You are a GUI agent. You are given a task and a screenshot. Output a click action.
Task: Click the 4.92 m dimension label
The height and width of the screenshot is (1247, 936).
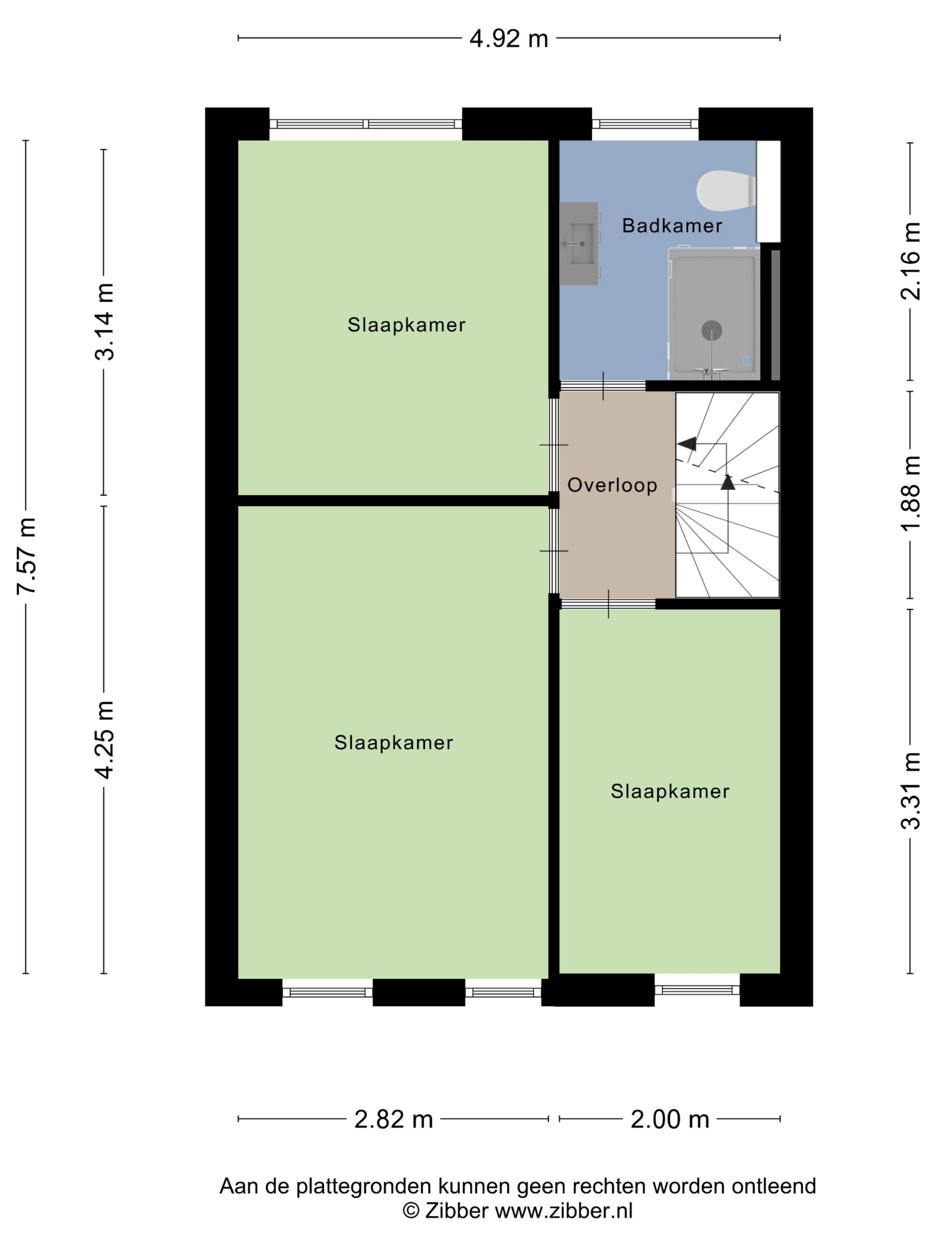(x=509, y=39)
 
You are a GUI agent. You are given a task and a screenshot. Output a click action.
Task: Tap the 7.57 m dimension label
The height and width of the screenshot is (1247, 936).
(x=26, y=556)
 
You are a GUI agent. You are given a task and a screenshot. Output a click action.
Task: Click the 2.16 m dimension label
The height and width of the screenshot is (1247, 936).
(x=910, y=261)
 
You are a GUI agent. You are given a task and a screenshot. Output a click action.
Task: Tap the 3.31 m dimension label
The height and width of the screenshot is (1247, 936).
(x=910, y=791)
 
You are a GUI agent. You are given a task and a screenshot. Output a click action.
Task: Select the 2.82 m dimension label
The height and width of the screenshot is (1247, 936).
(x=393, y=1119)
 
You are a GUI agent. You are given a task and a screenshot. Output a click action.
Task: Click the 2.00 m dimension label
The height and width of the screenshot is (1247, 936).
(x=670, y=1119)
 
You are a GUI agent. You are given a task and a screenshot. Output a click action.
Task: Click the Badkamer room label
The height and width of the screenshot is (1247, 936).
(x=672, y=226)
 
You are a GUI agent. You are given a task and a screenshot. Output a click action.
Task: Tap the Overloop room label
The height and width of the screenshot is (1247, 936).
(x=612, y=485)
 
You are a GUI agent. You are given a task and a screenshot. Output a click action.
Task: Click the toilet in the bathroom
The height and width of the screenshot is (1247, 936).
(x=727, y=190)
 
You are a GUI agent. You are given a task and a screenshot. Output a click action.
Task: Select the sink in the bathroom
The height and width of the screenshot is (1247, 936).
(x=580, y=244)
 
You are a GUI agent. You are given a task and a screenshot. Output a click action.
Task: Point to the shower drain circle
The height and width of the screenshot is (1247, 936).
(x=712, y=330)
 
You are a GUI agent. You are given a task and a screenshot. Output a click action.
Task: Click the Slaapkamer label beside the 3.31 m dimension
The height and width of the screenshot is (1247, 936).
(x=670, y=791)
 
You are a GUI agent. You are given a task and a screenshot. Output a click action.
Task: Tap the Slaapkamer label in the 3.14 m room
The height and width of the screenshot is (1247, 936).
(x=406, y=325)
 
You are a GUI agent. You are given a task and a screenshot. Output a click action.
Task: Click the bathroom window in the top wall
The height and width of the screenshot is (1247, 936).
(x=645, y=124)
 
